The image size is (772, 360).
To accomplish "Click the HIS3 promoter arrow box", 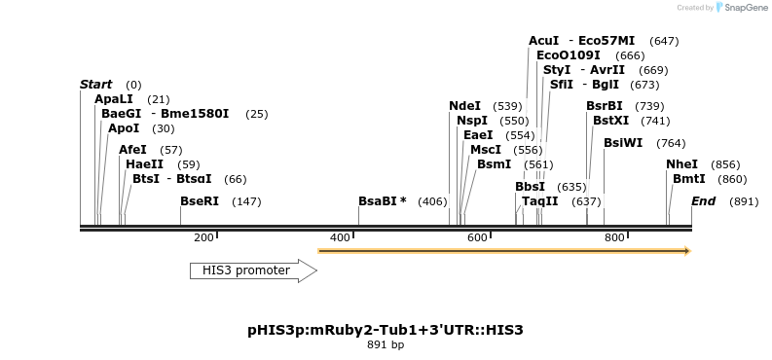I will pos(252,270).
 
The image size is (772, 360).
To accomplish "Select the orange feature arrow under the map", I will pos(503,251).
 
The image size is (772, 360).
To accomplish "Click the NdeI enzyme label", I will pos(464,106).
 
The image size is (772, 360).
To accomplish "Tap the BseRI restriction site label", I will pos(200,201).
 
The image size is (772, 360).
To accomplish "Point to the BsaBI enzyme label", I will pos(382,201).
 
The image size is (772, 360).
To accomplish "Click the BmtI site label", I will pos(688,179).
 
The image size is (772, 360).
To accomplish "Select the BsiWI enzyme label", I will pos(623,143).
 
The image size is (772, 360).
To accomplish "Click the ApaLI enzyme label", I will pos(114,99).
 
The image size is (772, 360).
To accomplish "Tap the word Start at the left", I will pos(95,85).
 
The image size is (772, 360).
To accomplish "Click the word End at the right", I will pos(703,201).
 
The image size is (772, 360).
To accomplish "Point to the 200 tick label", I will pos(203,238).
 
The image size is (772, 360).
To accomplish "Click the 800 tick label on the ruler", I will pos(614,238).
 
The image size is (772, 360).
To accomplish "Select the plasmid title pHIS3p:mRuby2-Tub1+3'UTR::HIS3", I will pos(386,330).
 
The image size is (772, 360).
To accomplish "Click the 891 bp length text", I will pos(386,345).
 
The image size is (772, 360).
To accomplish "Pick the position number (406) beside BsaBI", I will pos(432,201).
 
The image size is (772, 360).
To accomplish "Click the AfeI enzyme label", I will pos(132,150).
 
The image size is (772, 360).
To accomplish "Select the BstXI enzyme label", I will pos(610,121).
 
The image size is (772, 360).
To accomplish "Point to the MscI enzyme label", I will pos(485,150).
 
